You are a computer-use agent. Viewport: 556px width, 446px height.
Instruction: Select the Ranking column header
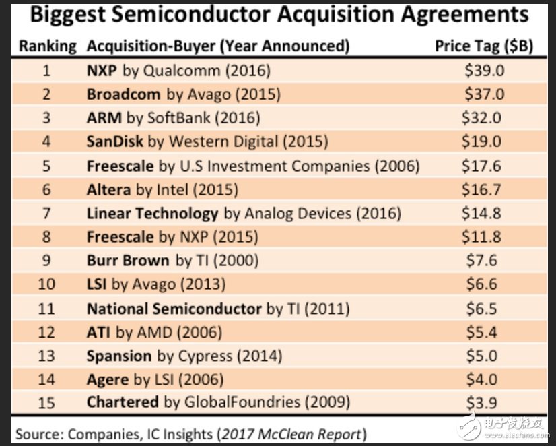pyautogui.click(x=47, y=46)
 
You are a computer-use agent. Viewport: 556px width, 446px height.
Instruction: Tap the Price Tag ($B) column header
pyautogui.click(x=484, y=46)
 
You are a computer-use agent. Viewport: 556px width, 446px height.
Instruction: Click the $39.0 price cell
pyautogui.click(x=484, y=70)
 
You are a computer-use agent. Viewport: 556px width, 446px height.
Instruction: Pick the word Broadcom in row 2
pyautogui.click(x=124, y=94)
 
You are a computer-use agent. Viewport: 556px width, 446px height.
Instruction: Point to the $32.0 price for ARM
pyautogui.click(x=481, y=118)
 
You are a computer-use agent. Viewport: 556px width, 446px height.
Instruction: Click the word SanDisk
pyautogui.click(x=115, y=141)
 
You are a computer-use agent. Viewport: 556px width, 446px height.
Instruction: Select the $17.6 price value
pyautogui.click(x=481, y=166)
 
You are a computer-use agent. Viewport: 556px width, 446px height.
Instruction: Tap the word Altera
pyautogui.click(x=108, y=190)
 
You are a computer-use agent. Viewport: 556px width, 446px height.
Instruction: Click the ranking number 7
pyautogui.click(x=46, y=214)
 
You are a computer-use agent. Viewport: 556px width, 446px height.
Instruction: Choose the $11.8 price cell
pyautogui.click(x=481, y=237)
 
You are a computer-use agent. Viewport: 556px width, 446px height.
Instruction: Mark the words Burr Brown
pyautogui.click(x=128, y=261)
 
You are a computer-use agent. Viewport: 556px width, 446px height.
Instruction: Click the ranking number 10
pyautogui.click(x=46, y=284)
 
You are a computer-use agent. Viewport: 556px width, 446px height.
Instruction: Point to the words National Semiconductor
pyautogui.click(x=174, y=309)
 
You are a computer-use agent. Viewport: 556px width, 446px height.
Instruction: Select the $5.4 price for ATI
pyautogui.click(x=482, y=332)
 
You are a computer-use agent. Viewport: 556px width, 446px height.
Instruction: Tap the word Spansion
pyautogui.click(x=119, y=356)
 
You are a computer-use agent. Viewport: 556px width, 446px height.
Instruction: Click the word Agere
pyautogui.click(x=108, y=379)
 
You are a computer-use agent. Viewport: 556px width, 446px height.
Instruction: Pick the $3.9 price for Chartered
pyautogui.click(x=482, y=403)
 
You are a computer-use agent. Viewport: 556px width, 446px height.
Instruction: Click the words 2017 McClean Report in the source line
pyautogui.click(x=294, y=433)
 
